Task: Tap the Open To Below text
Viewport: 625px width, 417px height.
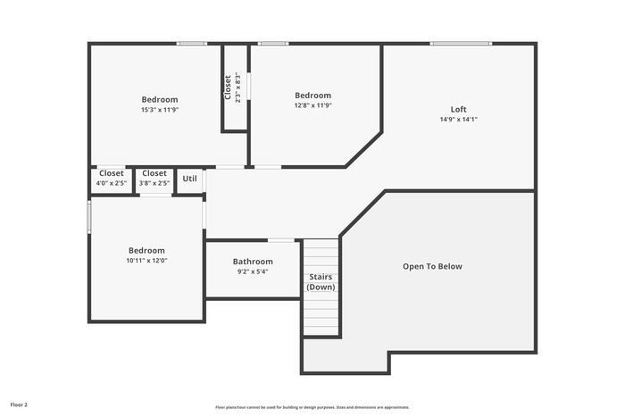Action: click(x=432, y=266)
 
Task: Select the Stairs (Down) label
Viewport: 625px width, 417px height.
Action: click(x=321, y=282)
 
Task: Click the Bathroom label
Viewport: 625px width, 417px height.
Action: click(x=253, y=262)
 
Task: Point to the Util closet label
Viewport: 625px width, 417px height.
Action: click(x=189, y=179)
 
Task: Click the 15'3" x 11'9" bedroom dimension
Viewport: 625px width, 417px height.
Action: click(x=159, y=110)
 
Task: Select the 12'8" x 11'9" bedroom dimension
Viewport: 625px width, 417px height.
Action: click(x=312, y=105)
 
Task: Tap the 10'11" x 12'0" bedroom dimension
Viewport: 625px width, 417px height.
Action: click(x=146, y=261)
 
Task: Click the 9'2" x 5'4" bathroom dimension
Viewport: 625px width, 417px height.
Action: click(x=253, y=271)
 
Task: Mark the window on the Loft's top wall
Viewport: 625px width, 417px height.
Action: click(x=460, y=43)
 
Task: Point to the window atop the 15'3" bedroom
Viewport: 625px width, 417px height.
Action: click(x=191, y=43)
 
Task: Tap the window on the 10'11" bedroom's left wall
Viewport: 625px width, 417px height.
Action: click(x=89, y=217)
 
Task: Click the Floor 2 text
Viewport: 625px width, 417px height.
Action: click(x=19, y=404)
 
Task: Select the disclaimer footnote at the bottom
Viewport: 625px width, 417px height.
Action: click(x=312, y=407)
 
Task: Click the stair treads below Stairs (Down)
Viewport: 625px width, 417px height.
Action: click(x=321, y=314)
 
